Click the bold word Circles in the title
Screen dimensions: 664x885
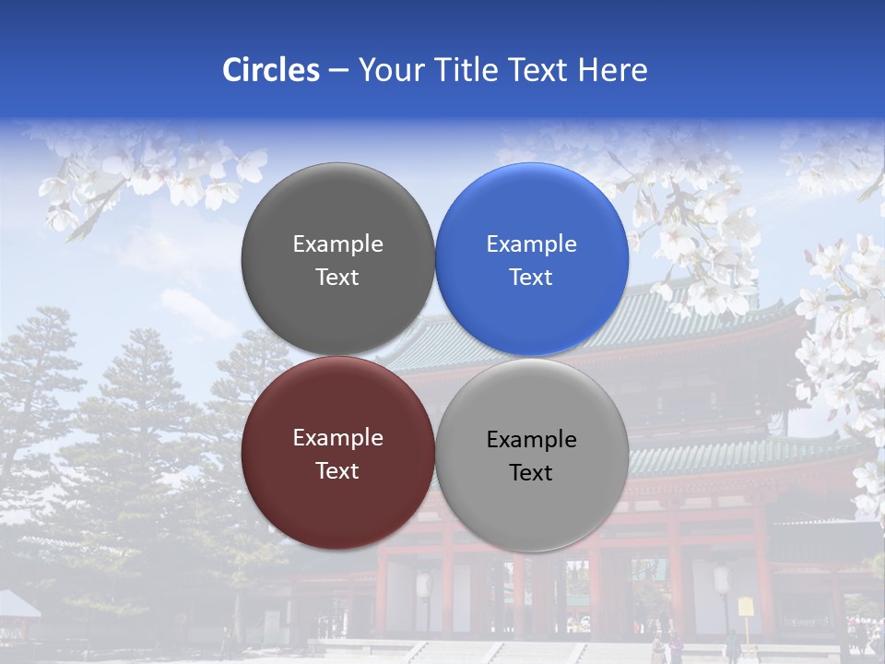tap(270, 69)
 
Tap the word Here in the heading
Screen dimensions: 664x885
tap(612, 69)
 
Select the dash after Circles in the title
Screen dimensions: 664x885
tap(338, 71)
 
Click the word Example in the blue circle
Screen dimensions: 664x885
tap(531, 244)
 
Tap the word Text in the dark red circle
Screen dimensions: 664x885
tap(337, 470)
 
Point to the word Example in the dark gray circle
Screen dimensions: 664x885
tap(337, 244)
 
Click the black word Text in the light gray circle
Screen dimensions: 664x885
tap(531, 472)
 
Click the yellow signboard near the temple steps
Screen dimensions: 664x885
tap(745, 607)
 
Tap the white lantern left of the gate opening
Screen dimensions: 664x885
tap(425, 584)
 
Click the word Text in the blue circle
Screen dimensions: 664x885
tap(531, 277)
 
